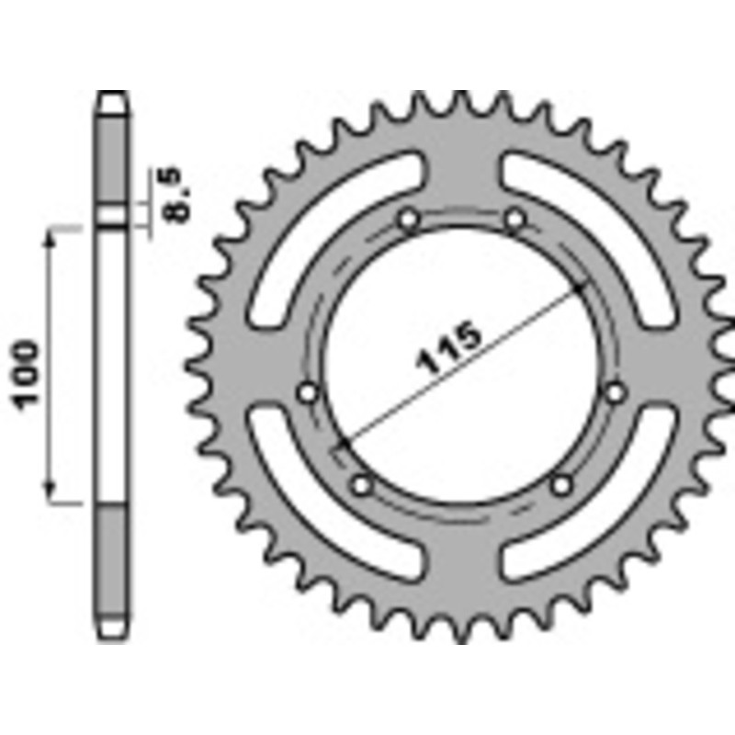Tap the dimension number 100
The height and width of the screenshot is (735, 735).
27,374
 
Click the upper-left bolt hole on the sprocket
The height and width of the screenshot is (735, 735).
409,220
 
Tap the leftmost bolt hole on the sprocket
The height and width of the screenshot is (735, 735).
309,392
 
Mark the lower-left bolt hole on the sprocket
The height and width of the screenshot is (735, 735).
361,482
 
